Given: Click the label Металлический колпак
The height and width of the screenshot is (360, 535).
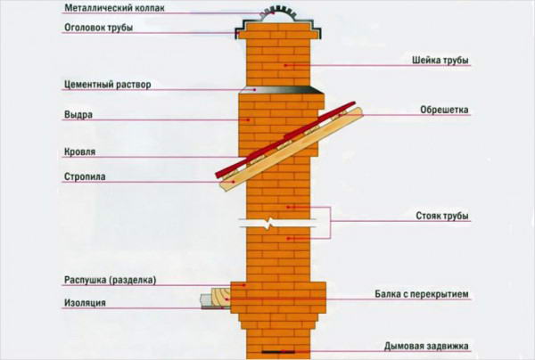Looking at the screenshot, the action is pos(115,8).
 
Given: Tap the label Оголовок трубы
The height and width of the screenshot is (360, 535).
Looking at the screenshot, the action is pos(98,28).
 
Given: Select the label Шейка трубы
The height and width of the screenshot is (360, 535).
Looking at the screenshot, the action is pos(440,61).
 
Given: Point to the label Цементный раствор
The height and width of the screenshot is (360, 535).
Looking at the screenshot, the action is pos(108,84).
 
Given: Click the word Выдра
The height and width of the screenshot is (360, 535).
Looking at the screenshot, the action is pos(78,115).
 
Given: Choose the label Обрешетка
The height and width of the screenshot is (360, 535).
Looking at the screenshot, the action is pos(444,110).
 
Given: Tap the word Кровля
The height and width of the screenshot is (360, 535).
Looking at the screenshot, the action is pos(80,151).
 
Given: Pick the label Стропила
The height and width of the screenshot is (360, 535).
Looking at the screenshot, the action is pos(85,176).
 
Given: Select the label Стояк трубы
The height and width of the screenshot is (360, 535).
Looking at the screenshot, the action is pos(442,216).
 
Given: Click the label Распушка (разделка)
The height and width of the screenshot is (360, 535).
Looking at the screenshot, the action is pos(111,280).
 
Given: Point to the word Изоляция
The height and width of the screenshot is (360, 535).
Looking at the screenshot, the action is pos(85,303).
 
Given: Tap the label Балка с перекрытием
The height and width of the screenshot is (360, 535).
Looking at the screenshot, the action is pos(422,294).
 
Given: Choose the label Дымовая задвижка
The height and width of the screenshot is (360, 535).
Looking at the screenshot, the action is pos(426,346).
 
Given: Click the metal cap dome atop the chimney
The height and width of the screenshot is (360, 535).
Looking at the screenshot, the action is pos(278,14).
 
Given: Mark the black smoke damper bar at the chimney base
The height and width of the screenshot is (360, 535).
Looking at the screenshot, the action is pos(278,352).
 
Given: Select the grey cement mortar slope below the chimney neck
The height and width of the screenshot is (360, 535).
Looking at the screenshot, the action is pos(281,90).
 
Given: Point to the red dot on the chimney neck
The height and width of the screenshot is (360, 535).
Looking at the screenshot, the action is pos(285,65).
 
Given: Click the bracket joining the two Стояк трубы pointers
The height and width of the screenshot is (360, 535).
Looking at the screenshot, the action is pos(330,222).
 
